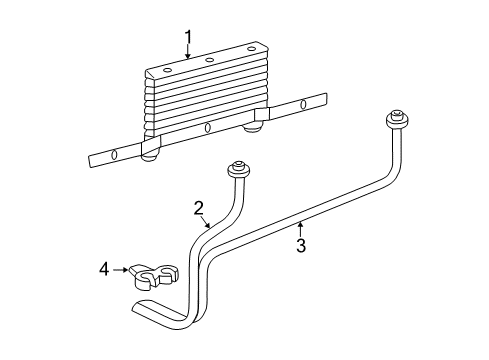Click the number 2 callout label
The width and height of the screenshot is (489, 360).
199,208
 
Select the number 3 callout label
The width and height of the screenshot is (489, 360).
299,245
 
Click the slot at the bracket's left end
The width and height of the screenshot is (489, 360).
114,154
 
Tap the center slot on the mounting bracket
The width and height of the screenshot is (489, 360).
207,128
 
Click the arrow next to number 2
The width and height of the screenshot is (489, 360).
207,222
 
